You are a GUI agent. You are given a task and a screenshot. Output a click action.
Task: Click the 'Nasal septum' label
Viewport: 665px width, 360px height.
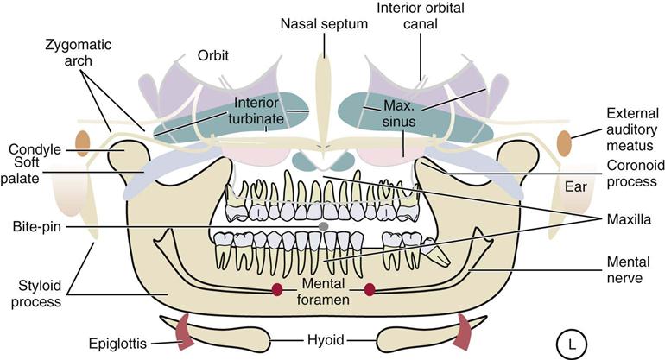[x=324, y=24]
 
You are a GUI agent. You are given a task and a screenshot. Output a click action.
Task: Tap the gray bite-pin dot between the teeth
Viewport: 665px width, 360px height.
[x=324, y=225]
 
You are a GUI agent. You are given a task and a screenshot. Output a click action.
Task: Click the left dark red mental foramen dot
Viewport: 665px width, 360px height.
[x=278, y=289]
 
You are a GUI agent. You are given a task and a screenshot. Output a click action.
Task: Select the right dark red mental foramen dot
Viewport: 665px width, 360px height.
[x=370, y=289]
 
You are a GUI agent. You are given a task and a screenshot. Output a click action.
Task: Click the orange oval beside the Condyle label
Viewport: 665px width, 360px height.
[x=83, y=141]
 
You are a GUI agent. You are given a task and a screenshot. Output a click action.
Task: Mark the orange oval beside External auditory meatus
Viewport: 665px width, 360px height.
[x=564, y=143]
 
